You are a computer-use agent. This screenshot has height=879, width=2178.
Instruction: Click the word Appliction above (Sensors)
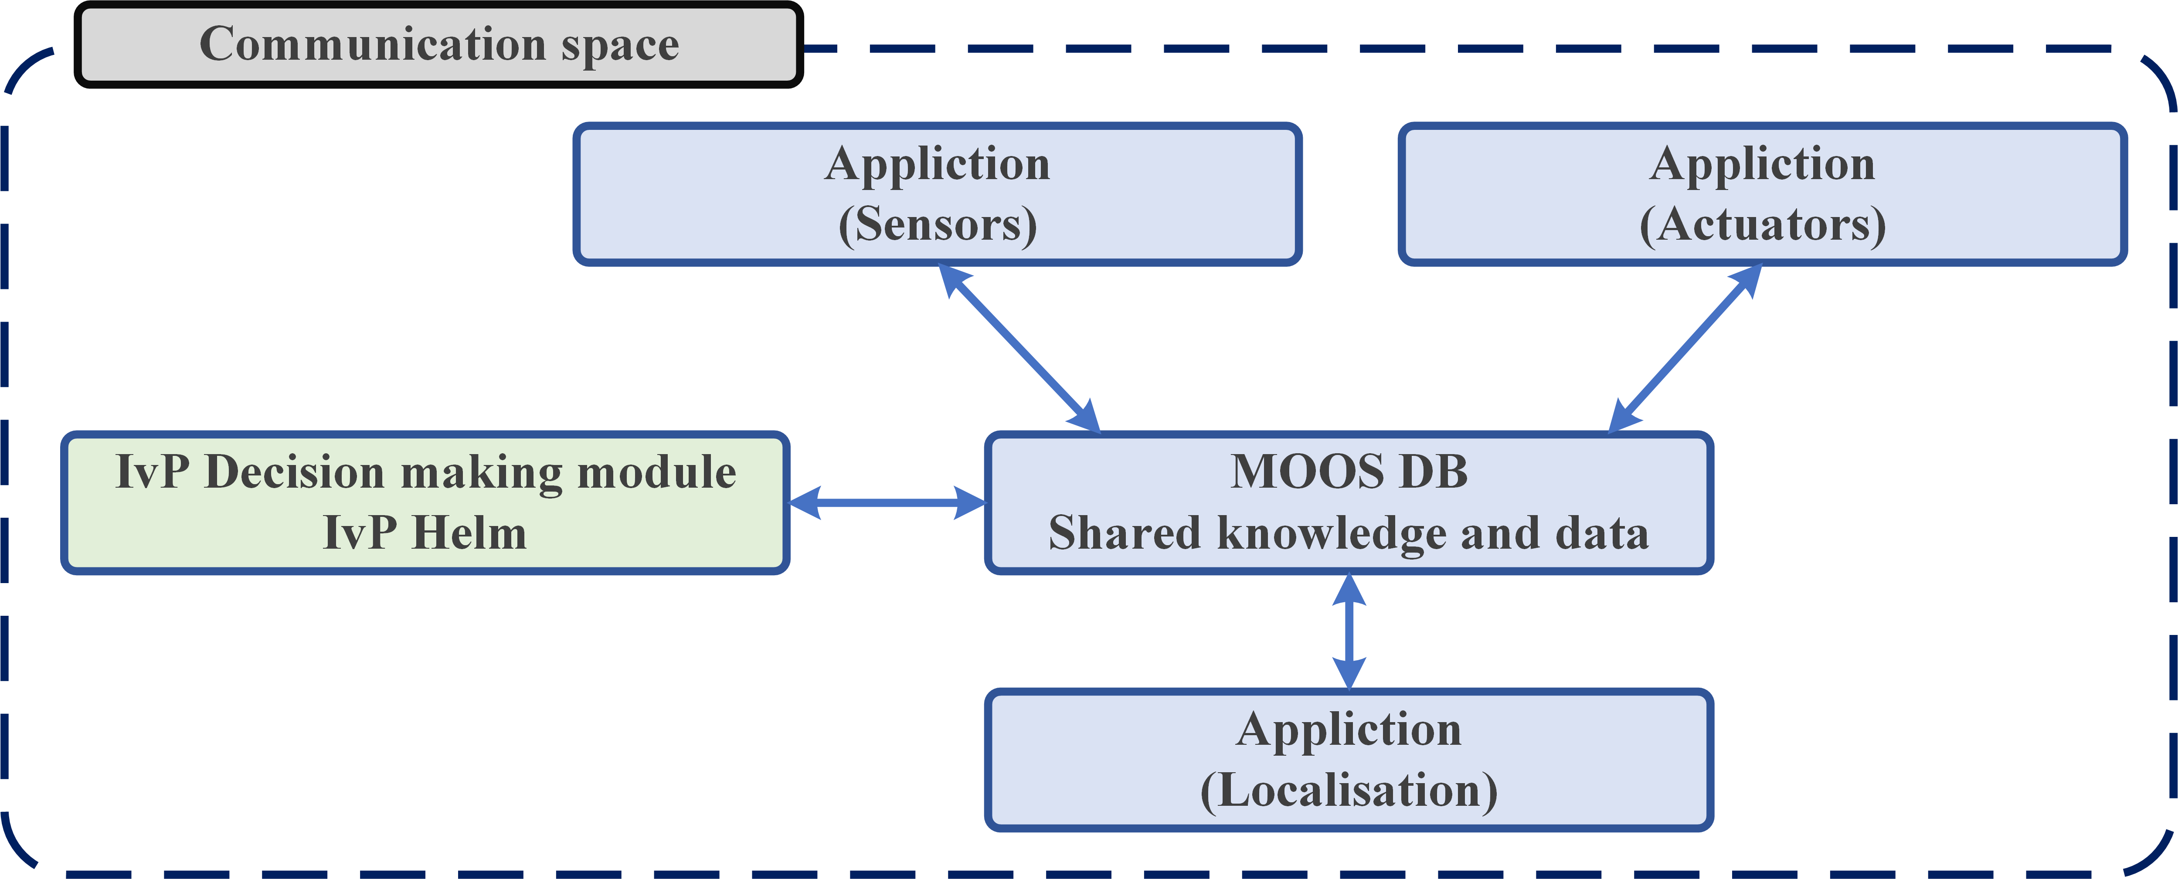938,164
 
